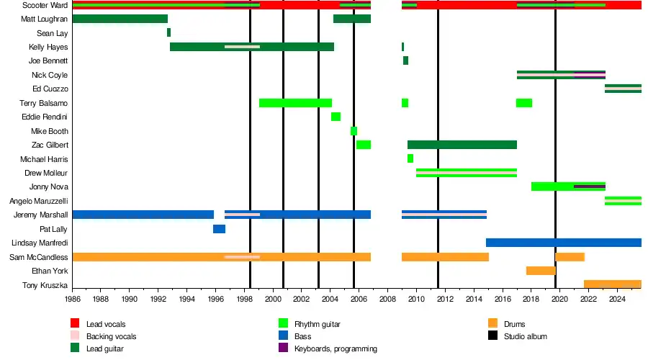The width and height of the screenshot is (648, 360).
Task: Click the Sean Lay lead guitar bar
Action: pyautogui.click(x=168, y=32)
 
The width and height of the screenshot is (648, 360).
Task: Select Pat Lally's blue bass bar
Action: pyautogui.click(x=219, y=229)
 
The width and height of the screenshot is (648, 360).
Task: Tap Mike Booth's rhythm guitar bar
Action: pyautogui.click(x=354, y=131)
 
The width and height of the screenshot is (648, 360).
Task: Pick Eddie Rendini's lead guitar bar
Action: pyautogui.click(x=336, y=117)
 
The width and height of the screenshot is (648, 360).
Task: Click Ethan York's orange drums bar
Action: pyautogui.click(x=541, y=271)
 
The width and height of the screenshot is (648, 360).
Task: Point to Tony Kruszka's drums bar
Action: pyautogui.click(x=612, y=284)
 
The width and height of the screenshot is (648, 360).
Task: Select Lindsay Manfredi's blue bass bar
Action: pyautogui.click(x=563, y=243)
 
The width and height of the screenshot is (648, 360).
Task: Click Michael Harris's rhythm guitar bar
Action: pyautogui.click(x=410, y=158)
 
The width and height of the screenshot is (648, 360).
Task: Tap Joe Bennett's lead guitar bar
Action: pyautogui.click(x=405, y=60)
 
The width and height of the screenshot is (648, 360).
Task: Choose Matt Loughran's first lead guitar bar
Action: pyautogui.click(x=120, y=19)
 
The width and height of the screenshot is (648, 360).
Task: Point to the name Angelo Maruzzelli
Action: pyautogui.click(x=38, y=201)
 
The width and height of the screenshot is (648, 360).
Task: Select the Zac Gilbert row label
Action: pyautogui.click(x=50, y=145)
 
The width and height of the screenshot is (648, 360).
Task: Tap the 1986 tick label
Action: pyautogui.click(x=73, y=298)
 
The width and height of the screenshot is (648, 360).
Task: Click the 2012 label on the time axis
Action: pyautogui.click(x=444, y=298)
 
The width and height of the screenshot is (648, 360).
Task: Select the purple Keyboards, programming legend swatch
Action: pyautogui.click(x=284, y=348)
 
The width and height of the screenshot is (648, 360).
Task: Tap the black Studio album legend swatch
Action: pyautogui.click(x=492, y=336)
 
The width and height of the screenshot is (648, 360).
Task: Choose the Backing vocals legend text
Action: pyautogui.click(x=111, y=336)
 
